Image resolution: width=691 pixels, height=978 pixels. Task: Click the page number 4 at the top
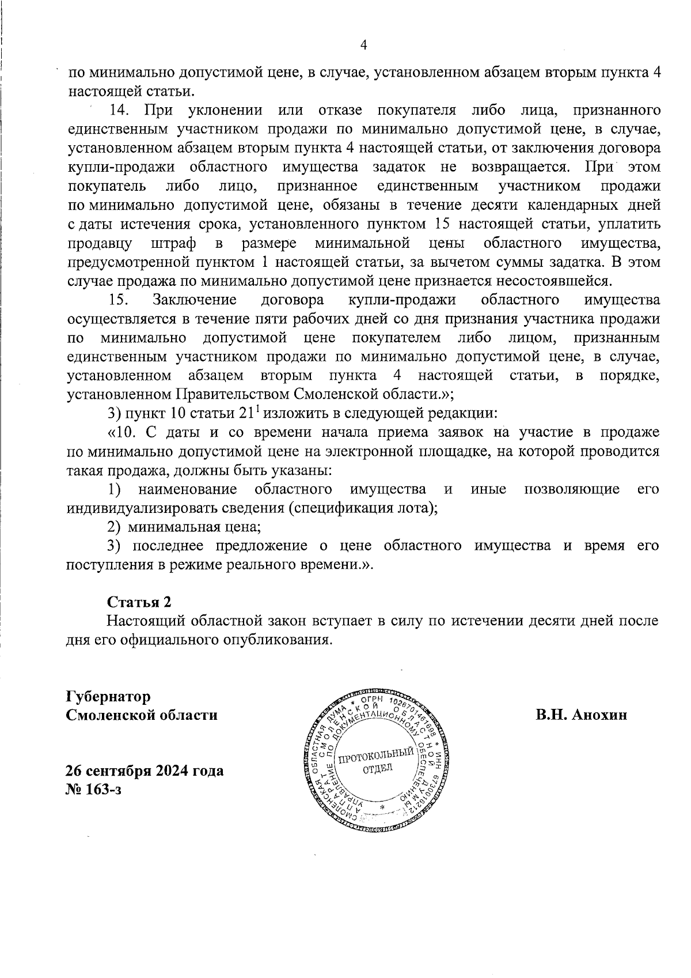click(x=363, y=46)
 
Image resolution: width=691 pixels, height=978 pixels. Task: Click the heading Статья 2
click(x=139, y=602)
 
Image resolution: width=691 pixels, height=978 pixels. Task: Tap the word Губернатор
click(x=109, y=696)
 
